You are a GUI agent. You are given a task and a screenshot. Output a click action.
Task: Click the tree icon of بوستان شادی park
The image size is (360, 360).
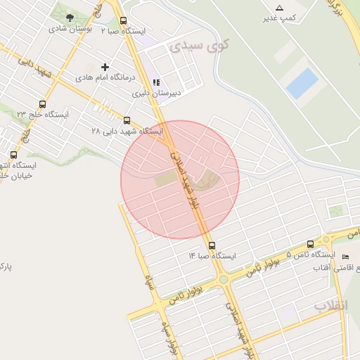point(69,18)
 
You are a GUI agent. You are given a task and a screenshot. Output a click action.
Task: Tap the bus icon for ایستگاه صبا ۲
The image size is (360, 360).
point(124,21)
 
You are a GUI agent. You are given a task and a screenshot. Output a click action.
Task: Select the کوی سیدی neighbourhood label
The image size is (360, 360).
point(190,46)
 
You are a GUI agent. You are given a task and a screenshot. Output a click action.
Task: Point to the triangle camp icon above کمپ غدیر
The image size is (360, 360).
point(280,7)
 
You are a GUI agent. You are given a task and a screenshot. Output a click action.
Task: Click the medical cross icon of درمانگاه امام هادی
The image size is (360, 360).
point(105,67)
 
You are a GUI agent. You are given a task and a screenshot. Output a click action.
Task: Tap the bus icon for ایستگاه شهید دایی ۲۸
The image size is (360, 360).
point(127,120)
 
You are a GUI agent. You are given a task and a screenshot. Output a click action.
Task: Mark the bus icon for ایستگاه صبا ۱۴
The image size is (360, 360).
point(212,245)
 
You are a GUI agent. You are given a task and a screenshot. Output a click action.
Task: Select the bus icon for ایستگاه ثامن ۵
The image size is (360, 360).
point(311,245)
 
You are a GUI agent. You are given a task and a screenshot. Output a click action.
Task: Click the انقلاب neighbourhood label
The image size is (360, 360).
point(330,306)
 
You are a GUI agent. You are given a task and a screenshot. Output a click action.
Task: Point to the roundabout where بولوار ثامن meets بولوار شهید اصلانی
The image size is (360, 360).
point(223,279)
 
